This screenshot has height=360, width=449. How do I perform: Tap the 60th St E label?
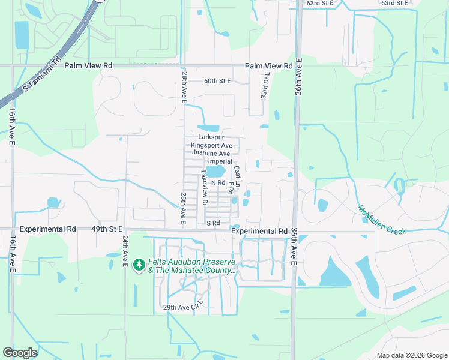pyautogui.click(x=217, y=80)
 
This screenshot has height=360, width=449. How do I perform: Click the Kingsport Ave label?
pyautogui.click(x=211, y=146)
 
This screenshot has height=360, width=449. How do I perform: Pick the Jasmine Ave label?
pyautogui.click(x=211, y=154)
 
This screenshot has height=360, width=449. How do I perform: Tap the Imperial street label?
pyautogui.click(x=220, y=162)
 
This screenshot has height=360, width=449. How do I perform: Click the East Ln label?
pyautogui.click(x=238, y=175)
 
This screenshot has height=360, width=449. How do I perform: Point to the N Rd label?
pyautogui.click(x=217, y=182)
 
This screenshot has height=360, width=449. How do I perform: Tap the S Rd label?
pyautogui.click(x=214, y=223)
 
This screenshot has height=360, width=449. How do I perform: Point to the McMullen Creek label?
pyautogui.click(x=382, y=220)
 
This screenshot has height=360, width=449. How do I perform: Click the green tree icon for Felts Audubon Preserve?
pyautogui.click(x=139, y=265)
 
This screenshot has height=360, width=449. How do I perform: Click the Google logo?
pyautogui.click(x=20, y=353)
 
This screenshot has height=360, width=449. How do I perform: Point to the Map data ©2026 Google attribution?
pyautogui.click(x=411, y=355)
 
